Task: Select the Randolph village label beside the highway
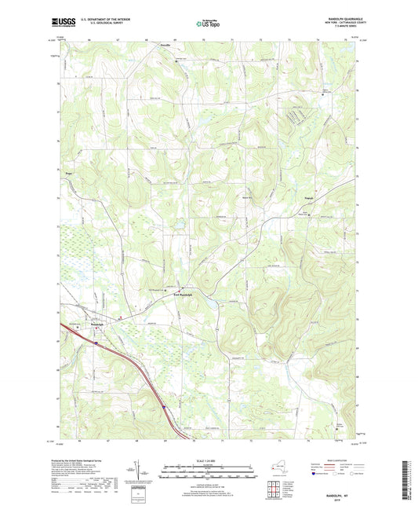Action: pyautogui.click(x=96, y=324)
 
